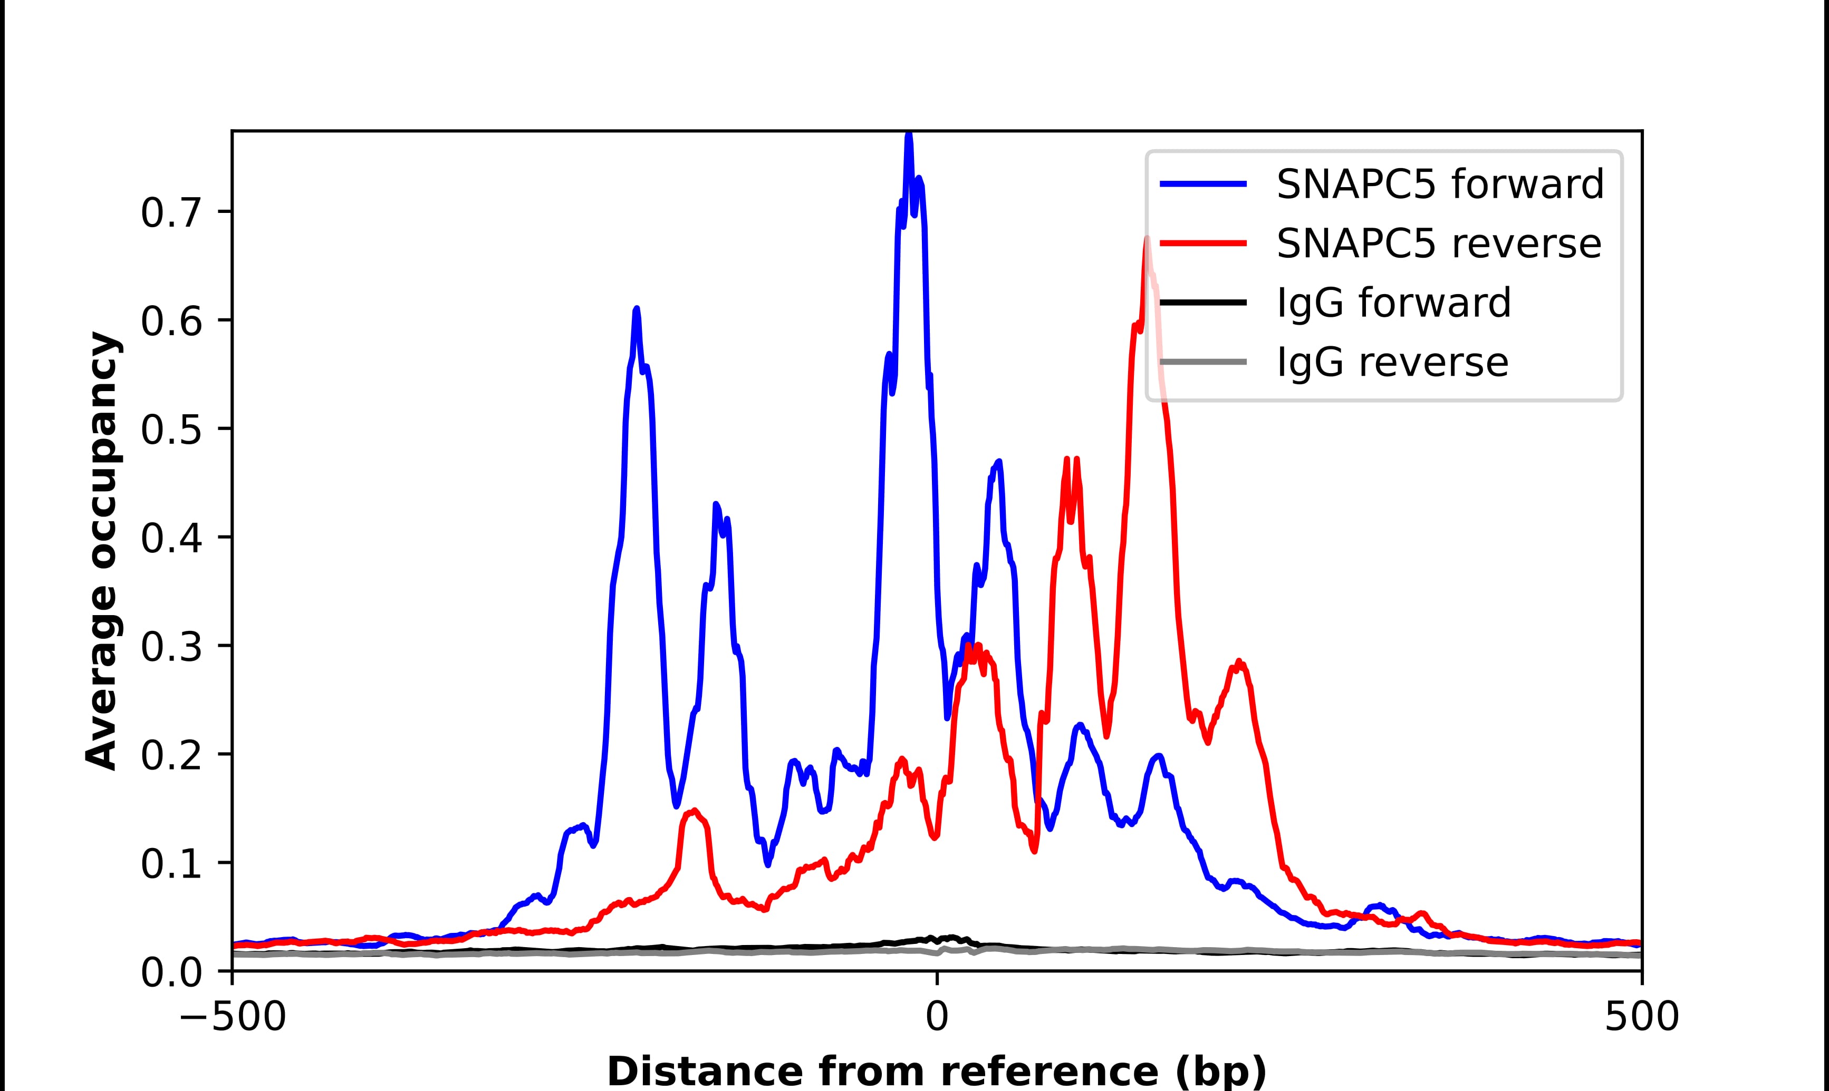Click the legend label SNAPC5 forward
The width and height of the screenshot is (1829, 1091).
(x=1439, y=184)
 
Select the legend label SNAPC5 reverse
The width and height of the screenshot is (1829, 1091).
(x=1439, y=243)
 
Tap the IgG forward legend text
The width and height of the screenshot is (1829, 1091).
(x=1393, y=303)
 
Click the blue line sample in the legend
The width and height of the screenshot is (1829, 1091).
(x=1203, y=184)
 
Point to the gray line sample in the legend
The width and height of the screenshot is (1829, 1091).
(x=1203, y=362)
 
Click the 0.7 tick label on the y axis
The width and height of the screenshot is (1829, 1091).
(x=171, y=213)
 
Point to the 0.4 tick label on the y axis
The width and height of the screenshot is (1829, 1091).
(x=171, y=538)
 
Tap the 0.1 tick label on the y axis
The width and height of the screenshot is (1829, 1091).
(x=171, y=864)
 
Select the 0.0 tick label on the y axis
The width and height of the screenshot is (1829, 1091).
(x=171, y=972)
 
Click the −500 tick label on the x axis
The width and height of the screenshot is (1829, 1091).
(x=233, y=1018)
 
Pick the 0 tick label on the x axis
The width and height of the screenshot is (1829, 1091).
(x=936, y=1018)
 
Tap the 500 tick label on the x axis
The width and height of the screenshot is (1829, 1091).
(x=1641, y=1018)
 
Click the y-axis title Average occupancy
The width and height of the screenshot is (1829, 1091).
(x=101, y=551)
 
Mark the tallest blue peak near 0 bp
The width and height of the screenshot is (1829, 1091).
(x=909, y=137)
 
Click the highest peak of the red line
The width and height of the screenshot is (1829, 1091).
(x=1146, y=240)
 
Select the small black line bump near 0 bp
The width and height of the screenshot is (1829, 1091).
(x=949, y=938)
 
